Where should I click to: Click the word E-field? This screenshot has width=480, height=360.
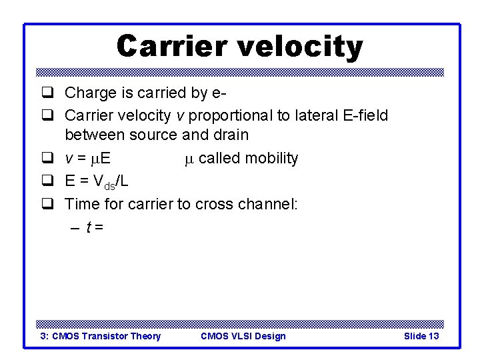point(361,115)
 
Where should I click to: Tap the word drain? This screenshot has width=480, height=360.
point(229,135)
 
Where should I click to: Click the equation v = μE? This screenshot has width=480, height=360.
point(88,159)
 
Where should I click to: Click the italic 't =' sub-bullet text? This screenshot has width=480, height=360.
point(94,227)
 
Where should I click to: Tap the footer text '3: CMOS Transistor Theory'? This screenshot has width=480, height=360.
point(101,336)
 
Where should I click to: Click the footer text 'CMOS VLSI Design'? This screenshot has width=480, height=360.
point(243,336)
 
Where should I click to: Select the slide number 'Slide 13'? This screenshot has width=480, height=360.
point(421,336)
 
